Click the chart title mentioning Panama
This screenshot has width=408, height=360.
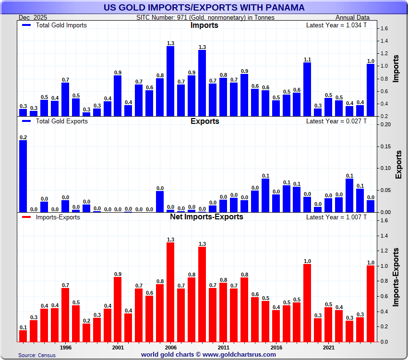204,8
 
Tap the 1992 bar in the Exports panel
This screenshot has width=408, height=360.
23,176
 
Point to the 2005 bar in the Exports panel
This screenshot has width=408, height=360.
160,202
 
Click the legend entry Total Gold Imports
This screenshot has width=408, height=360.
61,25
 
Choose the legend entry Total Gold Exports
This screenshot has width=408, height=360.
62,121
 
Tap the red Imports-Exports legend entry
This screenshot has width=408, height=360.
58,217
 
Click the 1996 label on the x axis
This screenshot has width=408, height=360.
65,347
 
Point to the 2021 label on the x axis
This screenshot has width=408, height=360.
329,347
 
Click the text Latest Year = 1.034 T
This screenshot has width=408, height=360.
336,25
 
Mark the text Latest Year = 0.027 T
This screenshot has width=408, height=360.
336,121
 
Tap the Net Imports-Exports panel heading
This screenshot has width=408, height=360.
206,216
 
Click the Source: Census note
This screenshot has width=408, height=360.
37,355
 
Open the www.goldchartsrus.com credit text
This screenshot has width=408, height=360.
208,355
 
